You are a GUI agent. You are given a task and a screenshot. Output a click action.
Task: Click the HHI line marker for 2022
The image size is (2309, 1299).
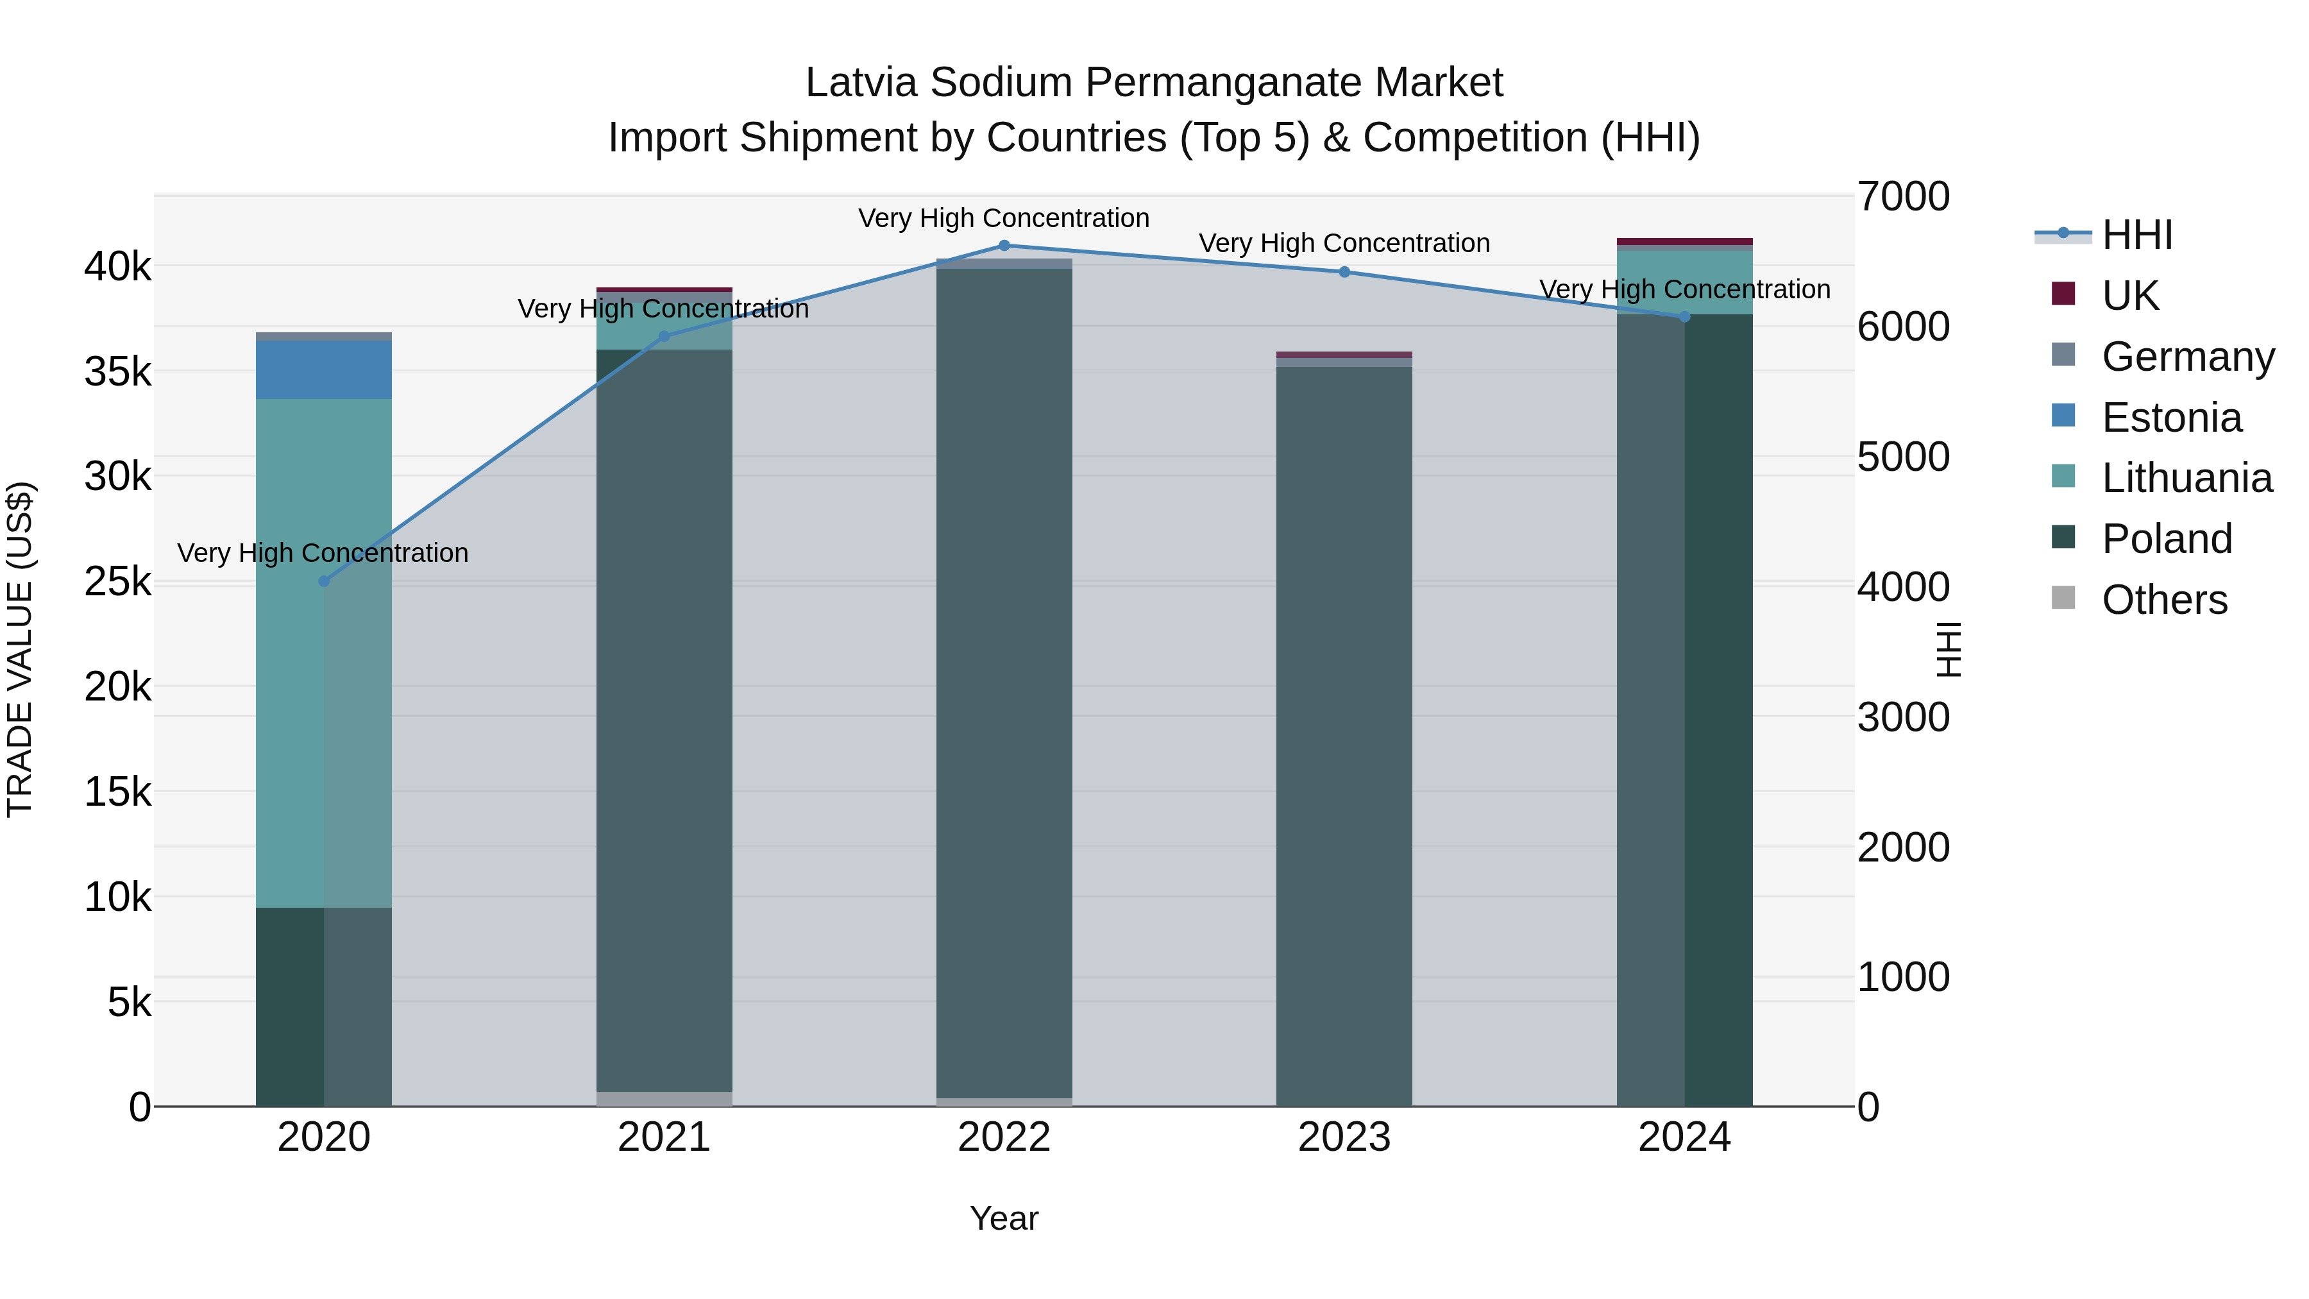(1004, 246)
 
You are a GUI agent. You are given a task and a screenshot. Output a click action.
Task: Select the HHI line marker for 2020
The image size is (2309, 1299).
(325, 581)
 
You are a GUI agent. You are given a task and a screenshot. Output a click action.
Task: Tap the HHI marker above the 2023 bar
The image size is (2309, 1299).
(1344, 271)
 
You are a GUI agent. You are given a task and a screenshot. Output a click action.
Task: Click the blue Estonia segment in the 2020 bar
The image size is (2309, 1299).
(324, 369)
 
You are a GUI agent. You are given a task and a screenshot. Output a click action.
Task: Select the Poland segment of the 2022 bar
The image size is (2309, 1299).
(1004, 681)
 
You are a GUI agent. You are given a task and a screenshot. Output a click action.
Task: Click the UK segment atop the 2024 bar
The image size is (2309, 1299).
(1684, 241)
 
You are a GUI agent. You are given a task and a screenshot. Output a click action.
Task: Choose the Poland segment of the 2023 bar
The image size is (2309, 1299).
(1344, 735)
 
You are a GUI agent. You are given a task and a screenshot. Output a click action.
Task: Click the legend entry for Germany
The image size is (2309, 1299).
(2187, 357)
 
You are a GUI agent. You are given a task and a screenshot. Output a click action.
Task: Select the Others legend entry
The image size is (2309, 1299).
(2164, 600)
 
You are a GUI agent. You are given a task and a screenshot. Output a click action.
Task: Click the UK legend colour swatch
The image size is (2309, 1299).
(2063, 294)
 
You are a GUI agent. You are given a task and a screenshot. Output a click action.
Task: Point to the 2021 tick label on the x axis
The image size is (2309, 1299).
(663, 1137)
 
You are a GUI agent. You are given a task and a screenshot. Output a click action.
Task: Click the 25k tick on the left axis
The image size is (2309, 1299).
(117, 582)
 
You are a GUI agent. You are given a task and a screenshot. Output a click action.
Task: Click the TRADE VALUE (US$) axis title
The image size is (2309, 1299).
(20, 649)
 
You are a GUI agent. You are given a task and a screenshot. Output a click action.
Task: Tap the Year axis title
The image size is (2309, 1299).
(1004, 1218)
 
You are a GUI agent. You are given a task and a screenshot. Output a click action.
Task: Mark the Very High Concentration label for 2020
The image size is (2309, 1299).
(323, 553)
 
